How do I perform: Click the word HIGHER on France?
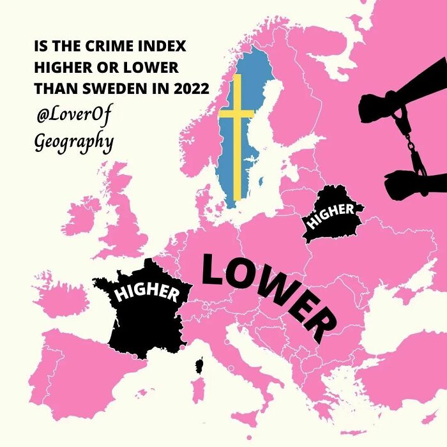146,292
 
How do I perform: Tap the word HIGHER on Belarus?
330,216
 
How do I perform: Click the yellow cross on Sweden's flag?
236,115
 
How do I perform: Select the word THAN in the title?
56,89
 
